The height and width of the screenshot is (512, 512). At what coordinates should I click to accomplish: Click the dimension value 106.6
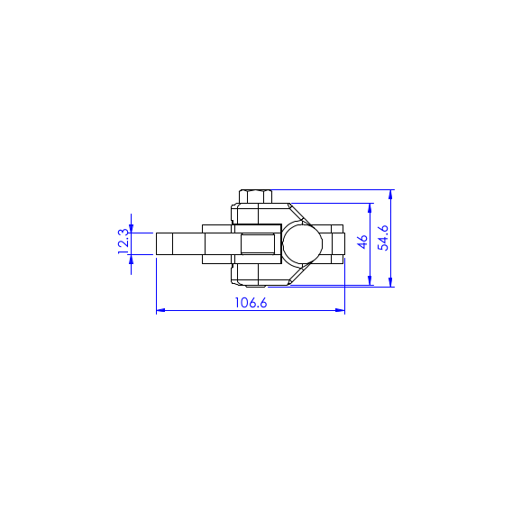click(251, 303)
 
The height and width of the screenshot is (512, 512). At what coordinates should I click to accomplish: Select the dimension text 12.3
click(123, 242)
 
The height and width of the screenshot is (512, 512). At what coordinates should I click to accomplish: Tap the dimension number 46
click(362, 242)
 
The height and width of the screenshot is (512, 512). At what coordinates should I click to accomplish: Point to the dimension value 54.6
click(383, 238)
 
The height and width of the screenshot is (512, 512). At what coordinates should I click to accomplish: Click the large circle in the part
click(302, 243)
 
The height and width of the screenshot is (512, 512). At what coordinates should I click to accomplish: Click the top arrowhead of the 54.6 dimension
click(390, 195)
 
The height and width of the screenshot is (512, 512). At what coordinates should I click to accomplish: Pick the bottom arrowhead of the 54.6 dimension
click(390, 282)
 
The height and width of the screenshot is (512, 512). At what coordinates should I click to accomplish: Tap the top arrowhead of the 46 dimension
click(370, 208)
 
